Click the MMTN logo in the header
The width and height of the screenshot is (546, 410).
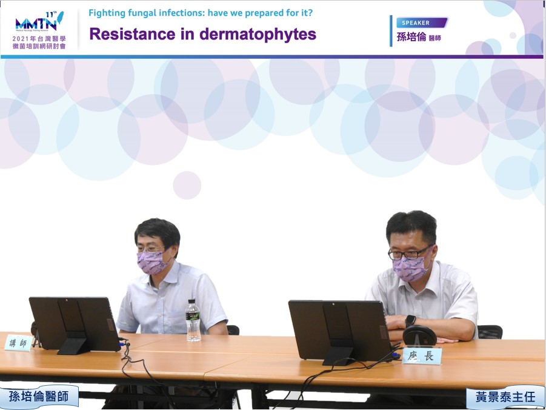tap(39, 22)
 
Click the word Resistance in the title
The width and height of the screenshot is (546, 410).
tap(132, 34)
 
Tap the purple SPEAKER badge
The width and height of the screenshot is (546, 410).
tap(422, 22)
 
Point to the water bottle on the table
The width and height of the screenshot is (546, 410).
tap(193, 320)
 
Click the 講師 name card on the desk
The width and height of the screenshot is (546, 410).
tap(18, 343)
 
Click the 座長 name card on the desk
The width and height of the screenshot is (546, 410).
tap(422, 355)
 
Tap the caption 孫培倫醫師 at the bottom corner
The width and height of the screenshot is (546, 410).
tap(39, 397)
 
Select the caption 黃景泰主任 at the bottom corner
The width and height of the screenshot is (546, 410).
tap(505, 397)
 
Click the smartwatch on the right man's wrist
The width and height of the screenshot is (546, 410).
tap(410, 321)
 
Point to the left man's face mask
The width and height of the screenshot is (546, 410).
tap(152, 262)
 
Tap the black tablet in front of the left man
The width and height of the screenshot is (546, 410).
tap(75, 324)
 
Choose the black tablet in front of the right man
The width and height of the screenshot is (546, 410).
tap(340, 332)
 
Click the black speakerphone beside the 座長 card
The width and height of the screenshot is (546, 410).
tap(419, 335)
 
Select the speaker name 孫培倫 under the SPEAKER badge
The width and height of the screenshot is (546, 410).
tap(411, 37)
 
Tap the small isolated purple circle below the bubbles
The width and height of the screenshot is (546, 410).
tap(187, 185)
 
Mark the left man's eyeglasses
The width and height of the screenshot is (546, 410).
tap(150, 249)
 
